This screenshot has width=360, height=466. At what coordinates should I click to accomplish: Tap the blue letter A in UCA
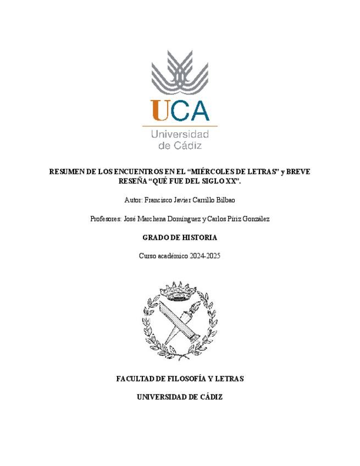pos(197,110)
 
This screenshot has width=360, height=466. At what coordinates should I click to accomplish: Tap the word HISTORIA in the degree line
pos(197,237)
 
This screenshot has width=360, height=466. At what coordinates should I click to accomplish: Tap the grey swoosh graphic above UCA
pos(180,71)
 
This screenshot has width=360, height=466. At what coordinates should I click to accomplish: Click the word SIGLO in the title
pos(201,180)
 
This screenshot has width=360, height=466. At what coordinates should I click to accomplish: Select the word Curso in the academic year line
pos(147,256)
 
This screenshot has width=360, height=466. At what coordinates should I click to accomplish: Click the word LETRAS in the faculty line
pos(230,379)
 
